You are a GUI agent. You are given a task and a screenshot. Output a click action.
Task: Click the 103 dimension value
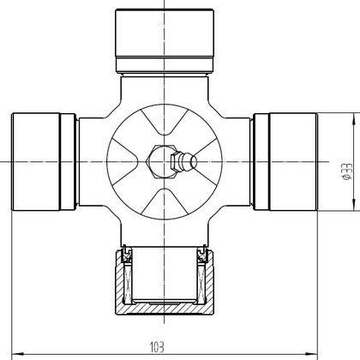pos(157,347)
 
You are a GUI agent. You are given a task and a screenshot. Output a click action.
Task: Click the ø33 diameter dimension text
pos(347,171)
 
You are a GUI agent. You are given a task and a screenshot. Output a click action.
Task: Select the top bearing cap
pos(165,41)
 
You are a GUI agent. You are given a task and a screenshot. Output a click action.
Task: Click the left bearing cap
pos(44,162)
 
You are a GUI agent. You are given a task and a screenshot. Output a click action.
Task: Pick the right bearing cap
pos(285,162)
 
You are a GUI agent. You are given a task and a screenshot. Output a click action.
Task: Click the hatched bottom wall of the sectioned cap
pos(165,309)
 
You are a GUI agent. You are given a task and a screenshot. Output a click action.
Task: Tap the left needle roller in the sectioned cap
pos(128,284)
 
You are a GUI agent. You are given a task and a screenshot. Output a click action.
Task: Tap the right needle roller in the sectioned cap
pos(201,284)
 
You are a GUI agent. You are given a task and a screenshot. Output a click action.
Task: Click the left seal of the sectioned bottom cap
pos(127,255)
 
